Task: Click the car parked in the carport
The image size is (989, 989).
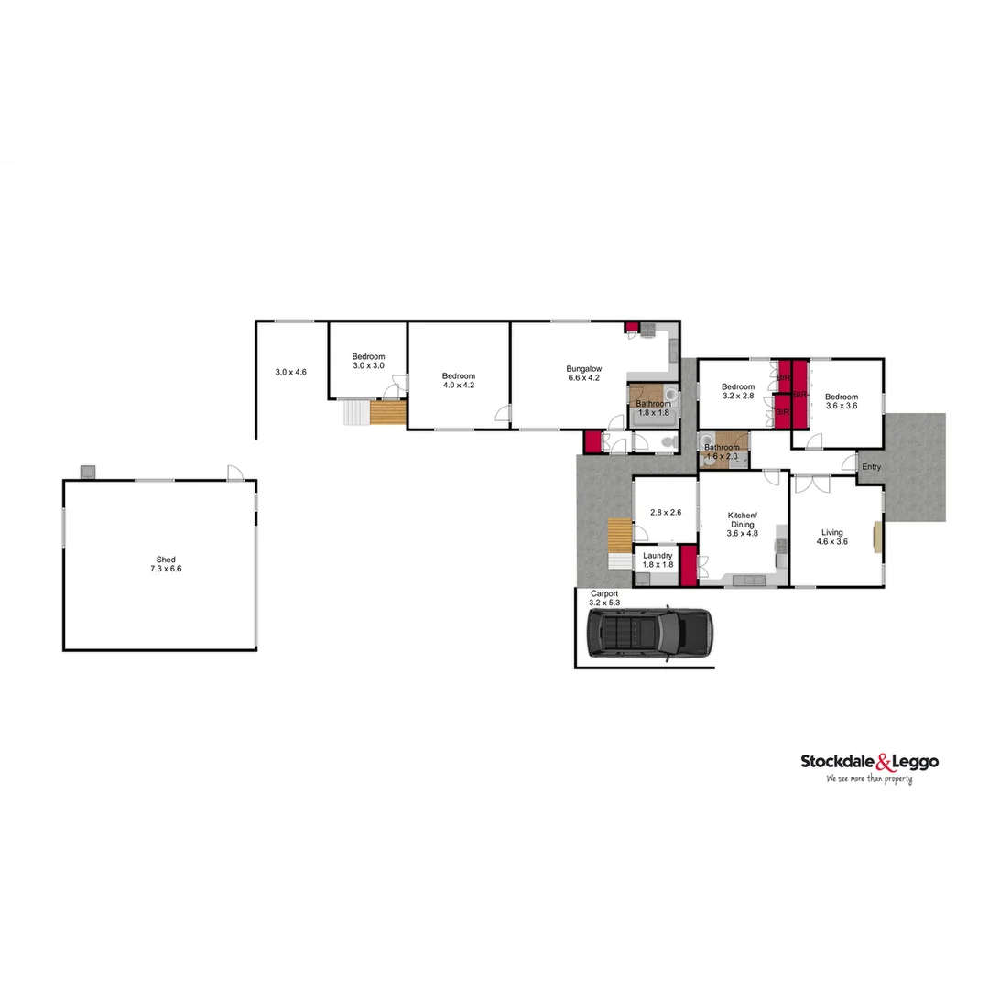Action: click(x=648, y=632)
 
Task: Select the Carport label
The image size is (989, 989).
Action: click(x=604, y=598)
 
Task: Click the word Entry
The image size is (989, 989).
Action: click(x=871, y=467)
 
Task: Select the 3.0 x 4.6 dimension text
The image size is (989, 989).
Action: click(x=290, y=373)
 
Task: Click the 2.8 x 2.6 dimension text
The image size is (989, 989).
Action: click(x=666, y=513)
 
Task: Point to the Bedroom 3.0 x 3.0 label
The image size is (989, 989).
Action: click(x=368, y=361)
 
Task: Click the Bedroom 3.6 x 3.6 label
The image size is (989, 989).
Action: click(x=842, y=401)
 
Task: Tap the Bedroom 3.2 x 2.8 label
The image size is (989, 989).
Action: click(x=737, y=392)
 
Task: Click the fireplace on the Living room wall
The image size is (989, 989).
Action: click(x=878, y=538)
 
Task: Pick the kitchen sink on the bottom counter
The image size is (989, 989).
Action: click(x=748, y=580)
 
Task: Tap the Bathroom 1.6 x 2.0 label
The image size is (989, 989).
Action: click(x=722, y=451)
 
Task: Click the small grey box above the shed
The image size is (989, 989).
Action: click(x=88, y=472)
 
